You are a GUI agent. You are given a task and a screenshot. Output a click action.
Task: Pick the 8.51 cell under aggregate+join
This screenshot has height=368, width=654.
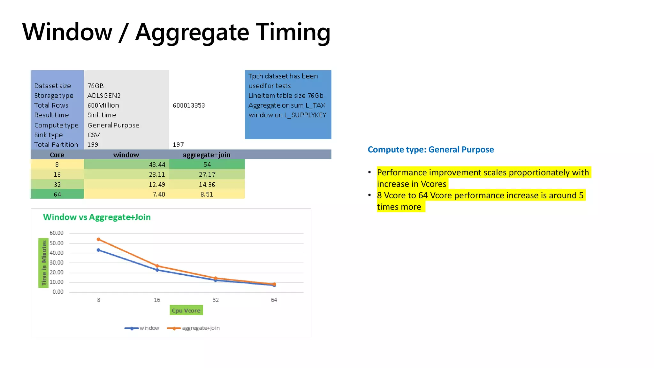pos(207,194)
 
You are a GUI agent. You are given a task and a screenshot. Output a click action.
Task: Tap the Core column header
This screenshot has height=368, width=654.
pos(57,155)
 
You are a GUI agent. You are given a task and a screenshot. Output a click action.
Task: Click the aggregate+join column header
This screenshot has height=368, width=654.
pos(206,155)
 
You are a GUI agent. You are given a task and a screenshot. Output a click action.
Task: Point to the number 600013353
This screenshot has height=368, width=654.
pos(189,105)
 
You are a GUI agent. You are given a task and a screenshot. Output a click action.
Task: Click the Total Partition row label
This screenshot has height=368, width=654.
pos(56,145)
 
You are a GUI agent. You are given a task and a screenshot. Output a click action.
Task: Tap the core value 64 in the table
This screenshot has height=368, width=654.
pos(57,194)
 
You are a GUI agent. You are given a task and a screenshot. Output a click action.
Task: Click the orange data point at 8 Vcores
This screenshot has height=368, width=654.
pos(98,239)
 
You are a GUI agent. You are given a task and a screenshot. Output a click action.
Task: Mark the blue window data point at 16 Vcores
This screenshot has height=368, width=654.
pos(157,270)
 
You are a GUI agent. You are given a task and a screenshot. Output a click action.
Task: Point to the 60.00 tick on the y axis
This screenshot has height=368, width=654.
pos(57,233)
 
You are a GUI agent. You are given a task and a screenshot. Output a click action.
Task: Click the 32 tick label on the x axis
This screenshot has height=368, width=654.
pos(216,300)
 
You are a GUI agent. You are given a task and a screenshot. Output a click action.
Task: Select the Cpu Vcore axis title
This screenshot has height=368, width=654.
pos(186,310)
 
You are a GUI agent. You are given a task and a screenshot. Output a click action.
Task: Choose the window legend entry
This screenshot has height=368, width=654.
pos(142,328)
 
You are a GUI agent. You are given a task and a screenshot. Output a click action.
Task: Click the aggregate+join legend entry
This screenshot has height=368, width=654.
pos(194,328)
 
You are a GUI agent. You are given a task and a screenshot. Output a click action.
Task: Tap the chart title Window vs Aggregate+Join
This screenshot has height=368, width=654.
pos(97,217)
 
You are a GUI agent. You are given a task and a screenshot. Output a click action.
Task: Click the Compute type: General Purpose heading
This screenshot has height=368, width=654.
pos(430,149)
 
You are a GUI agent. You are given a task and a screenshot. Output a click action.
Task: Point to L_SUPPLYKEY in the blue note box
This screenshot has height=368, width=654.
pos(308,115)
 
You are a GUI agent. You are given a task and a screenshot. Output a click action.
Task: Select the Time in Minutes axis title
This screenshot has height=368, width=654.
pos(44,263)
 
